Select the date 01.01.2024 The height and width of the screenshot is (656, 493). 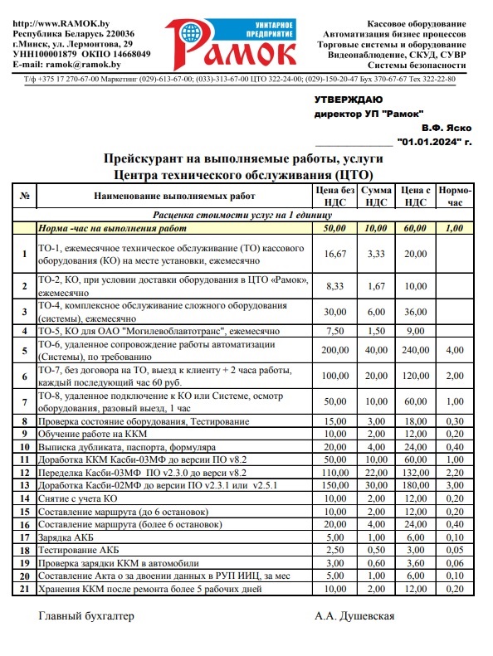[x=431, y=142]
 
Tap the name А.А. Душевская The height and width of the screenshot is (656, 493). [x=354, y=616]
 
